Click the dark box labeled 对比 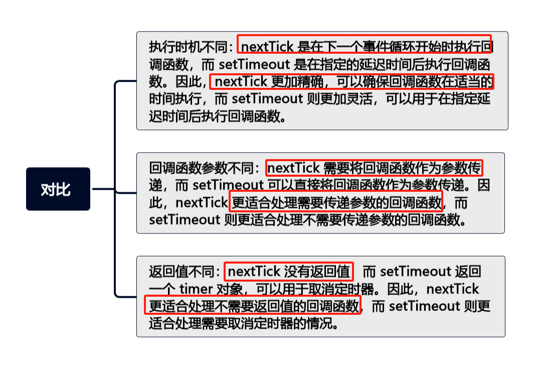58,189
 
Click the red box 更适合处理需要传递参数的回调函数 336,202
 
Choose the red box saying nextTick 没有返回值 289,272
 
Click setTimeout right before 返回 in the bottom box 416,272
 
